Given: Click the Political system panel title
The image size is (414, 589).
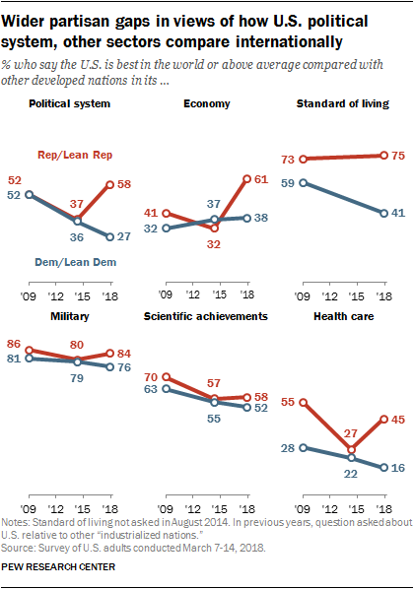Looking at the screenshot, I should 69,103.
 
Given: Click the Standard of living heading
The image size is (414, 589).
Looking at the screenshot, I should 345,103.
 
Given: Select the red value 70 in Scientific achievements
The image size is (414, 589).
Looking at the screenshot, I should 153,376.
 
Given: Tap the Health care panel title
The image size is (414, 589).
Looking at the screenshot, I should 344,316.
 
